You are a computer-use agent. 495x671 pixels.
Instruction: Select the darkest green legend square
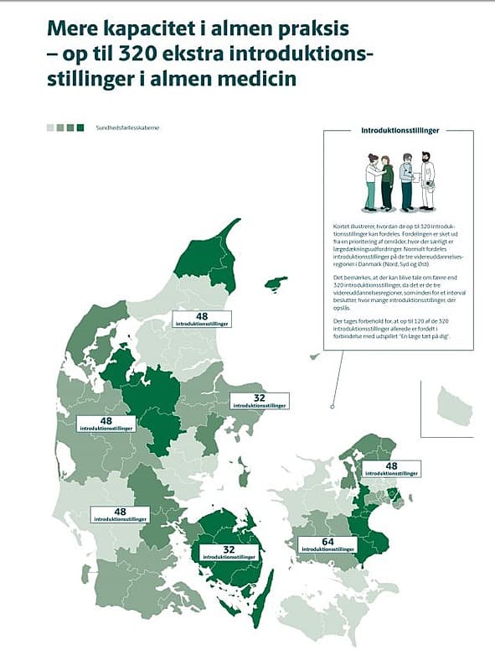coord(81,127)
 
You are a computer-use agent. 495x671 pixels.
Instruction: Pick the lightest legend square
coord(50,127)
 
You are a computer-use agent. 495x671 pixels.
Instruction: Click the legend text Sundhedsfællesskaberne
coord(126,127)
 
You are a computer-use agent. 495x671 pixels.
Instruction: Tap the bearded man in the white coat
coord(427,180)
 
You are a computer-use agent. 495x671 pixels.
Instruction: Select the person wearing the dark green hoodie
coord(387,182)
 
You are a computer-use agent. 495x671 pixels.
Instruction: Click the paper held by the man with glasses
coord(416,177)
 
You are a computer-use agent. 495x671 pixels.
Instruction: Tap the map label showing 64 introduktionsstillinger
coord(327,545)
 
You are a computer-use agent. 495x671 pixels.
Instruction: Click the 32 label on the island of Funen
coord(228,551)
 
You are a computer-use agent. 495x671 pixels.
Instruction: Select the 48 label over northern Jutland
coord(202,319)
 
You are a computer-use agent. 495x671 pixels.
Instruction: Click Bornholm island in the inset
coord(456,405)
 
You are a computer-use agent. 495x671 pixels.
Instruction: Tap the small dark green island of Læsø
coord(276,283)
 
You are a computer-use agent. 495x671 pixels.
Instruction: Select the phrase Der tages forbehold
coord(352,320)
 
